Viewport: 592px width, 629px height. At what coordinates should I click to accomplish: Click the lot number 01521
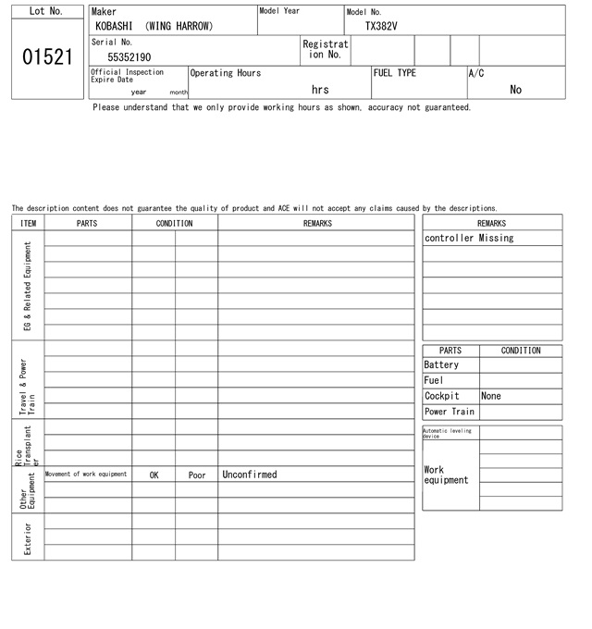(46, 57)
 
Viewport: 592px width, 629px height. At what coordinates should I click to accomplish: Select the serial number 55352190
(129, 57)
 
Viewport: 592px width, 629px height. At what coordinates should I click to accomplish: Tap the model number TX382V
(381, 27)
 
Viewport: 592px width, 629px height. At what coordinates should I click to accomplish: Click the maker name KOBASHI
(114, 27)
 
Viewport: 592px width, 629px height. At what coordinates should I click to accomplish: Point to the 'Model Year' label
(279, 11)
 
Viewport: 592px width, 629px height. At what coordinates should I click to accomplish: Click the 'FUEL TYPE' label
(395, 73)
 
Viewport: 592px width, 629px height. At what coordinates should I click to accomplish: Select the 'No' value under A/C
(515, 90)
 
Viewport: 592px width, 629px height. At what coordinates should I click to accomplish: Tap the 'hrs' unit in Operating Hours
(320, 90)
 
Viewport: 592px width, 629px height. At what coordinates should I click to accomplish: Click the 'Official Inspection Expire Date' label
(127, 76)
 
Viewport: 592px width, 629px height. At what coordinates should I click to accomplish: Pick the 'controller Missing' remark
(469, 239)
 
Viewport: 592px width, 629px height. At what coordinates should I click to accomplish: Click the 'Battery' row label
(441, 365)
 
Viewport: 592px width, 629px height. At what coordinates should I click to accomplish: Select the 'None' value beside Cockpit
(491, 396)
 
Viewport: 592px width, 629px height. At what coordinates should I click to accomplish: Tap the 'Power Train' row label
(450, 412)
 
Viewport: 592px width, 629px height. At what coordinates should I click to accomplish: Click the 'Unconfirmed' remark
(250, 475)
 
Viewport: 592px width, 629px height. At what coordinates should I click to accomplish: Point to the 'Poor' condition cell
(197, 475)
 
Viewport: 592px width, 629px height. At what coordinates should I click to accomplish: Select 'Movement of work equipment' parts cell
(86, 475)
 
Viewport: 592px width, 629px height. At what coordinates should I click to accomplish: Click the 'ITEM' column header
(28, 224)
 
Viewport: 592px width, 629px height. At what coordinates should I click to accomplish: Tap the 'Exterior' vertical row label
(28, 538)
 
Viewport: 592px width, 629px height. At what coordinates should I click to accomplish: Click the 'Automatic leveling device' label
(447, 433)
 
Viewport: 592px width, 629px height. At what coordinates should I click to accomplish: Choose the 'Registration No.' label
(326, 49)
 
